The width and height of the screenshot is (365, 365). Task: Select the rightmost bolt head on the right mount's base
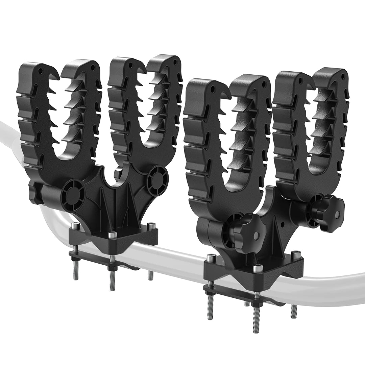pyautogui.click(x=296, y=252)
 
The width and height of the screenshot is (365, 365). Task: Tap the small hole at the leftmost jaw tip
pyautogui.click(x=40, y=71)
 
